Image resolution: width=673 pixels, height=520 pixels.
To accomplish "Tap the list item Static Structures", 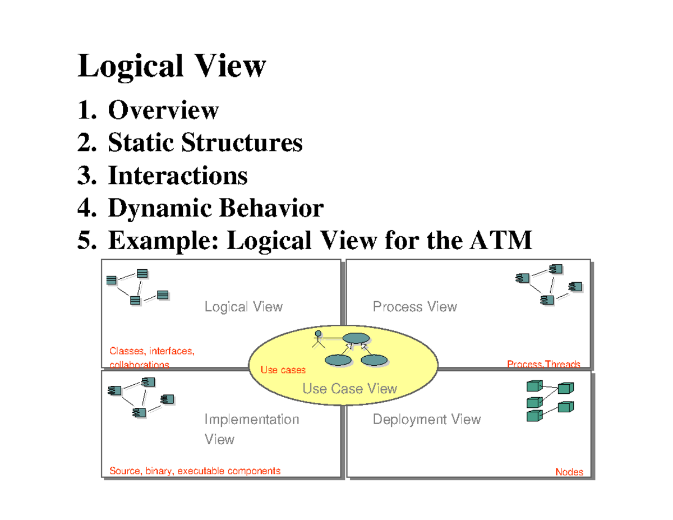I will [205, 143].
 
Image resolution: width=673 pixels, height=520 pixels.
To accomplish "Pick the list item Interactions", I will [177, 176].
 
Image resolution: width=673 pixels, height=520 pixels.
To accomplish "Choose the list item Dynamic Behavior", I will [215, 209].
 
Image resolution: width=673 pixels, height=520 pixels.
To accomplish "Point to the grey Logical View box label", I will [243, 307].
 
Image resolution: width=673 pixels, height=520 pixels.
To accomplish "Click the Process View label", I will [414, 307].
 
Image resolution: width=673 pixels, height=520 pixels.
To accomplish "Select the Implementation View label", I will [251, 429].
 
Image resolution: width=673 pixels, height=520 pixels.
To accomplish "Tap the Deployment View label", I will [426, 420].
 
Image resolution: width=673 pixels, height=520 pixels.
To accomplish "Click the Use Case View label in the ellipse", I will [349, 388].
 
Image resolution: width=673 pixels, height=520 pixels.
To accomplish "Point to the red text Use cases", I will [283, 370].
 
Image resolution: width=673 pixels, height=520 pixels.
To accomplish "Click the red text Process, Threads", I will [543, 365].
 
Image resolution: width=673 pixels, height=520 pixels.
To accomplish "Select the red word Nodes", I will [569, 472].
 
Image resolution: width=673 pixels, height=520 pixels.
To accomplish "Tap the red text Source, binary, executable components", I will [195, 471].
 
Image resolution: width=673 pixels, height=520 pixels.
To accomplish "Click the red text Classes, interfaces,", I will [151, 352].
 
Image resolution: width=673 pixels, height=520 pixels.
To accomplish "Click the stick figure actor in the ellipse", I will [318, 339].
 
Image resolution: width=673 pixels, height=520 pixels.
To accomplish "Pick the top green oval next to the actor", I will [356, 338].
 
